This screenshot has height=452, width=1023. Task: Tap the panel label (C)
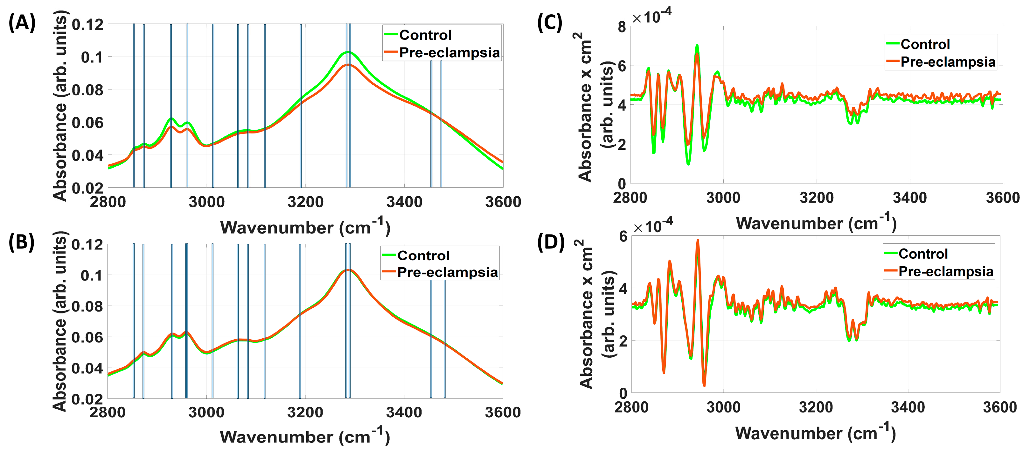point(550,23)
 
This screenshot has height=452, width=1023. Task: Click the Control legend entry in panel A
point(425,35)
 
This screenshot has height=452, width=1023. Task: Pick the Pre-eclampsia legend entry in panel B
point(447,272)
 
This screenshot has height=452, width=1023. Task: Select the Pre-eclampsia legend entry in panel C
point(948,62)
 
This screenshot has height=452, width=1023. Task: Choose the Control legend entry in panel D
point(922,254)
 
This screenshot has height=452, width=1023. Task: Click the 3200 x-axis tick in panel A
point(305,202)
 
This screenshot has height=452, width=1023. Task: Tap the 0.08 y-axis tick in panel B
point(87,306)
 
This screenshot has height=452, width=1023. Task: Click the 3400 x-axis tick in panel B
point(404,412)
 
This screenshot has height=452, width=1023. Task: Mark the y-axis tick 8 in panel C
point(622,27)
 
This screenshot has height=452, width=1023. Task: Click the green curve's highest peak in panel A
point(348,52)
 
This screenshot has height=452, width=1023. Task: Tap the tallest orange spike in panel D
point(697,240)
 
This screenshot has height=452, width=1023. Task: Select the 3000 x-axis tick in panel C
point(723,197)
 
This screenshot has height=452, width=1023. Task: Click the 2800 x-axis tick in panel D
point(631,407)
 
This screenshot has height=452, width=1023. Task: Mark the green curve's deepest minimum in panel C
point(688,163)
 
